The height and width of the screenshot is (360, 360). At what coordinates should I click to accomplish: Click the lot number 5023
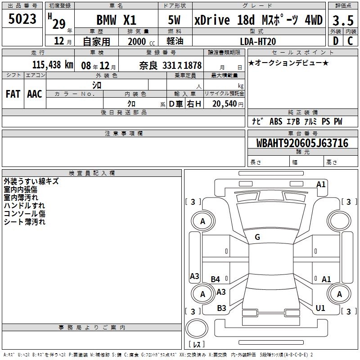22,19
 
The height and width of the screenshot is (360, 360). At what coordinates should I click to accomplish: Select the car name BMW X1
117,20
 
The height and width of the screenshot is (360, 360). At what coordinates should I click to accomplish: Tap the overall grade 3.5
343,20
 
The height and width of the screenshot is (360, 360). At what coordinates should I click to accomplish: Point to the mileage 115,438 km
53,65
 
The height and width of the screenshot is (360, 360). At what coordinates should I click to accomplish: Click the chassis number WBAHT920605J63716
302,143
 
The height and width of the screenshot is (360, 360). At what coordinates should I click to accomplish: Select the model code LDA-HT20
258,41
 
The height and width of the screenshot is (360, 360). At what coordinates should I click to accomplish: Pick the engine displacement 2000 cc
141,41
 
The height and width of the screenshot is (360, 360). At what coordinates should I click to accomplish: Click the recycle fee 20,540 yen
228,104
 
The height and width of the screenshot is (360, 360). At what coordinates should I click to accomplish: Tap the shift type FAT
13,94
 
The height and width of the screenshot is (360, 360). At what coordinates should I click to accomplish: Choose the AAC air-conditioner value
35,94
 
